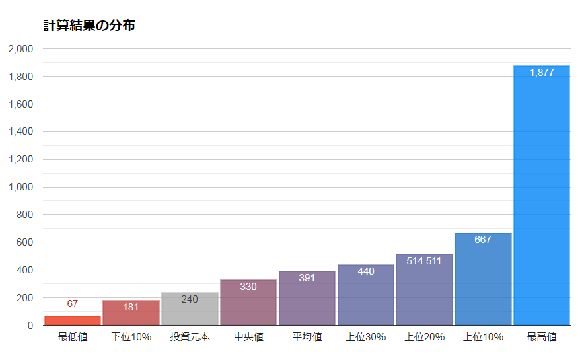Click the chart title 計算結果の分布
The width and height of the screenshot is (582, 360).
click(x=89, y=26)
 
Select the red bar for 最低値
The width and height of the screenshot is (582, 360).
click(x=73, y=320)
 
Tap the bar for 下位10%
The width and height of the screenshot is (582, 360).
click(x=131, y=313)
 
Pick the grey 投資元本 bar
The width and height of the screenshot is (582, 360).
click(x=190, y=308)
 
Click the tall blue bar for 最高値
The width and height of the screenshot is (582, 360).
click(x=542, y=196)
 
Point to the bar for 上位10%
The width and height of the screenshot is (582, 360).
click(x=483, y=279)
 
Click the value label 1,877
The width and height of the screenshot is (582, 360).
click(x=542, y=73)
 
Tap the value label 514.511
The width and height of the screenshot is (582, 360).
click(x=424, y=261)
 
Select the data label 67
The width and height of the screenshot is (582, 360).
click(x=73, y=304)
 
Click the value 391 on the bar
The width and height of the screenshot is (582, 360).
click(x=307, y=278)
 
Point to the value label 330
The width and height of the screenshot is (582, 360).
click(x=248, y=287)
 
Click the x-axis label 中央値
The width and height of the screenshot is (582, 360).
click(x=248, y=337)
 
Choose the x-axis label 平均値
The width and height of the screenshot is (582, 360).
click(x=307, y=337)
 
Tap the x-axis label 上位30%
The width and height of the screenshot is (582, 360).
click(x=366, y=337)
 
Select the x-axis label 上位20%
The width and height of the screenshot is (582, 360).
click(x=425, y=337)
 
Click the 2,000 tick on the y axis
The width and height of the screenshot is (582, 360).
click(x=20, y=49)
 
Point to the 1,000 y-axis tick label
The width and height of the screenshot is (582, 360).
click(x=20, y=187)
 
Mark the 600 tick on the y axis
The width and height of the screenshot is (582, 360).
click(x=25, y=242)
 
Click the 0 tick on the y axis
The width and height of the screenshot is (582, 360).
click(x=30, y=326)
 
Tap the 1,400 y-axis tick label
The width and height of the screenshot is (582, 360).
click(x=20, y=131)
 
